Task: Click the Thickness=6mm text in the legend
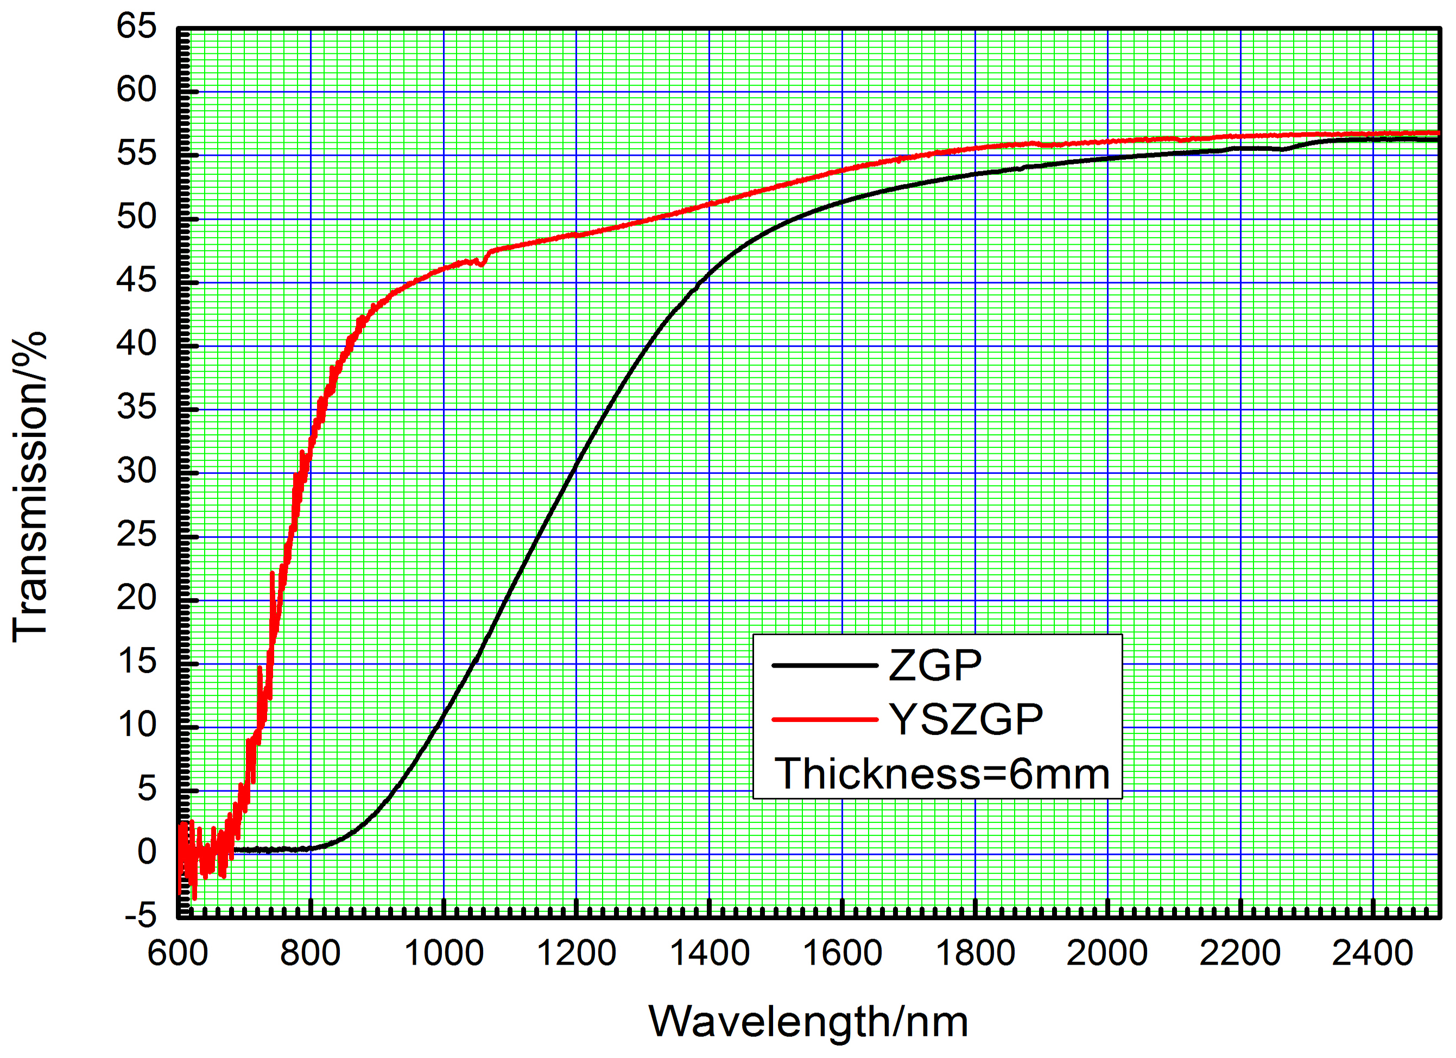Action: pos(942,774)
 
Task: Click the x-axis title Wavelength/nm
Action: pos(808,1022)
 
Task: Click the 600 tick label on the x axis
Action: pos(178,953)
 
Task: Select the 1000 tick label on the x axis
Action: pos(444,953)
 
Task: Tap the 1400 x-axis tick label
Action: pos(710,953)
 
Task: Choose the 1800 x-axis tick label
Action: pos(975,953)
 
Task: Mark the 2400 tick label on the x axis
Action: pos(1372,953)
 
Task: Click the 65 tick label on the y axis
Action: pos(136,27)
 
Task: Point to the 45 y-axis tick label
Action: pos(136,281)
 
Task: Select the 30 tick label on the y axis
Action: pos(136,471)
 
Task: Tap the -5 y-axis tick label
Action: pos(140,915)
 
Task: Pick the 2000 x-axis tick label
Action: pos(1107,953)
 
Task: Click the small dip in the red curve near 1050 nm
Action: pos(482,263)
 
